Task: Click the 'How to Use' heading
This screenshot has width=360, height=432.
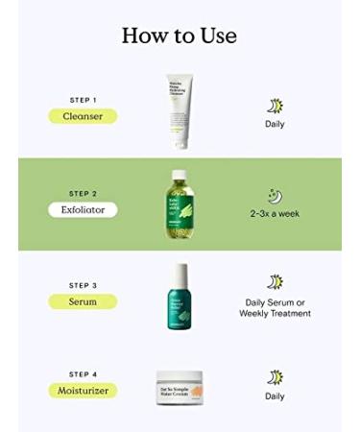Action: [x=180, y=36]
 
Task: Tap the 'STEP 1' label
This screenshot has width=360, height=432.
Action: [x=83, y=101]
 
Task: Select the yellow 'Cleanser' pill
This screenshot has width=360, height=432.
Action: [x=83, y=116]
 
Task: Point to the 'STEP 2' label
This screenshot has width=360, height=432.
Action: [x=83, y=193]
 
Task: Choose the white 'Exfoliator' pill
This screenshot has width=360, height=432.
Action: [x=83, y=208]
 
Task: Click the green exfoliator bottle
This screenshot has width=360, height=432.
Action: [x=180, y=204]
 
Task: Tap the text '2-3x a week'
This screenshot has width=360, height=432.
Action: [x=275, y=213]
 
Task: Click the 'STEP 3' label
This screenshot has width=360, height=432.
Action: [x=83, y=285]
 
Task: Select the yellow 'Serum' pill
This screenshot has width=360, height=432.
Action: [x=83, y=300]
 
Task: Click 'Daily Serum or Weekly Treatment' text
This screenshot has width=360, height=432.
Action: [x=276, y=308]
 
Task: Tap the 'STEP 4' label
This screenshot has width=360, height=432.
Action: [x=83, y=374]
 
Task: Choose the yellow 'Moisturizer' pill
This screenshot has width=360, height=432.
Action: [x=83, y=390]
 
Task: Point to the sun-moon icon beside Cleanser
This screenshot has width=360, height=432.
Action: [x=275, y=106]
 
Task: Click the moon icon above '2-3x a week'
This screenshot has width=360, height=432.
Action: [x=275, y=196]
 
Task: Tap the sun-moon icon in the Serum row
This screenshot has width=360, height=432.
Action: [x=276, y=282]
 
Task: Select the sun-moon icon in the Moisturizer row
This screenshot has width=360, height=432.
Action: [x=275, y=376]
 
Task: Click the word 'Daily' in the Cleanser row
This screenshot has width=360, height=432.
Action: [x=275, y=124]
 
